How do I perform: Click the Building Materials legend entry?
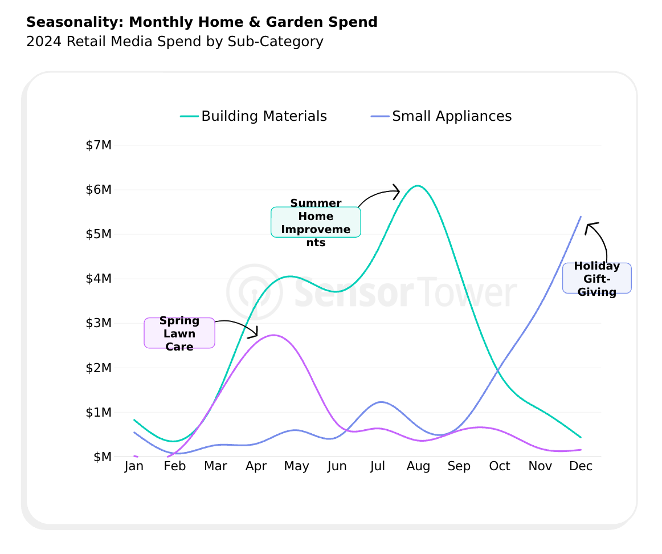[x=254, y=116]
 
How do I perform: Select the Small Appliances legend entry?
[x=442, y=116]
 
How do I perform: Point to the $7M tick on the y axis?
[x=99, y=145]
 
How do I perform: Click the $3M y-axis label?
[x=99, y=323]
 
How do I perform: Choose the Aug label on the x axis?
[x=418, y=466]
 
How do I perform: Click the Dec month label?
[x=581, y=466]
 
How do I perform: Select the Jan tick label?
[x=134, y=466]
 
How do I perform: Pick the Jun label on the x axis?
[x=337, y=466]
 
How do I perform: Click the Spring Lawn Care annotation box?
[x=179, y=333]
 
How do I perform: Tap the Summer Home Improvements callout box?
[x=316, y=222]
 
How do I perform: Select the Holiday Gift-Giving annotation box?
[x=596, y=279]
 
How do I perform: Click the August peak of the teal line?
[x=418, y=186]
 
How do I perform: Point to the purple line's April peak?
[x=273, y=335]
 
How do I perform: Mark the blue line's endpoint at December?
[x=581, y=217]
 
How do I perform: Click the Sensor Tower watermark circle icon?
[x=254, y=291]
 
